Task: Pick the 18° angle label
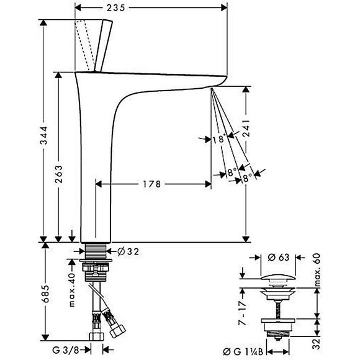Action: (x=217, y=139)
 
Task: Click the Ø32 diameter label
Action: (x=127, y=251)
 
